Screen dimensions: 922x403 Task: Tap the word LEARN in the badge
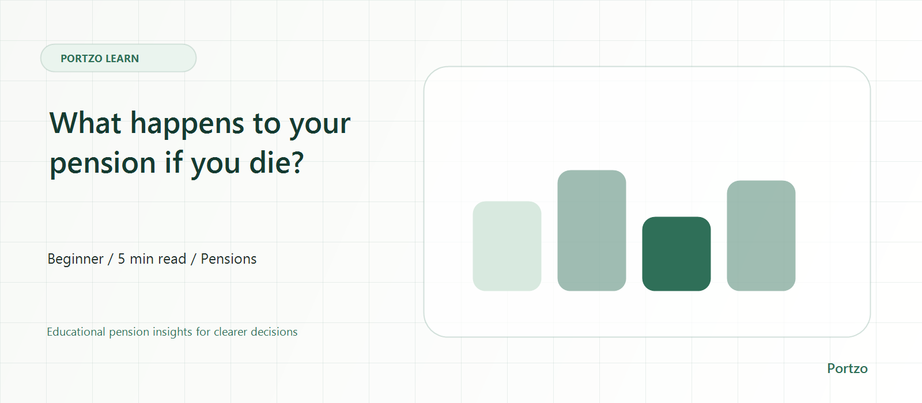click(x=122, y=58)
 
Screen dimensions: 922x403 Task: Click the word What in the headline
click(x=85, y=123)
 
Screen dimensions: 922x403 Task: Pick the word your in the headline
click(x=320, y=126)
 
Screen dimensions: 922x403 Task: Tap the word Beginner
click(x=75, y=260)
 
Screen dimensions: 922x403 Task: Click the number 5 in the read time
click(x=122, y=259)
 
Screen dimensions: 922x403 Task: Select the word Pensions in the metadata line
click(x=228, y=259)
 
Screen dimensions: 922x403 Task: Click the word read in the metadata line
click(x=172, y=259)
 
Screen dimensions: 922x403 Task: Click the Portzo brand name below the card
click(x=847, y=368)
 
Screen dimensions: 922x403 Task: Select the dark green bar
click(x=677, y=254)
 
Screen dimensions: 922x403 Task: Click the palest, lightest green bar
click(x=507, y=246)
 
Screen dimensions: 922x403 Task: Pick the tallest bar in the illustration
click(x=591, y=230)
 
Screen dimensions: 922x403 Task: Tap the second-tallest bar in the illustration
click(x=761, y=235)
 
